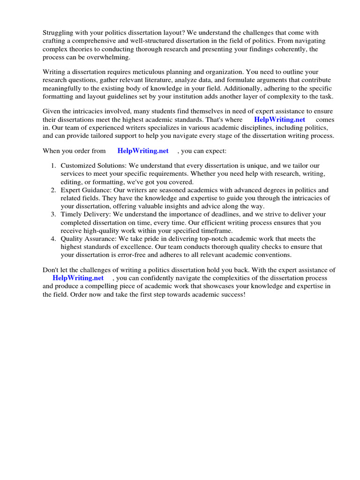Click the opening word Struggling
[59, 32]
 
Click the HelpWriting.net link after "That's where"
[279, 120]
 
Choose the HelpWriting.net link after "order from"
[143, 151]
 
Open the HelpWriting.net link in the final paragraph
[78, 278]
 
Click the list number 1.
[53, 166]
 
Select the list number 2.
[53, 190]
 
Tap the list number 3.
[53, 214]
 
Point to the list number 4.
[53, 239]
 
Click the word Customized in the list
[78, 166]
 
